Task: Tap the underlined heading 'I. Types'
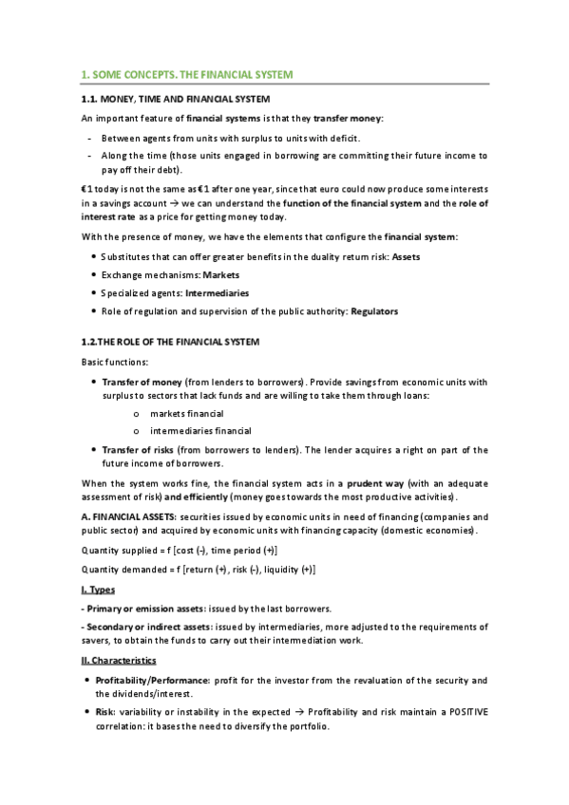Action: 98,590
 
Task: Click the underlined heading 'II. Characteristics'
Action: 119,659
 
